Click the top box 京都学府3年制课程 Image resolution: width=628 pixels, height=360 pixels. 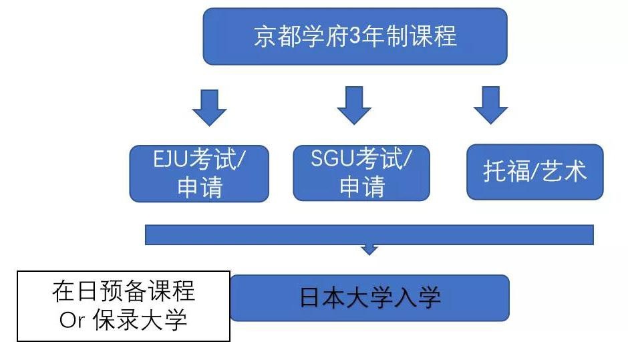(x=355, y=36)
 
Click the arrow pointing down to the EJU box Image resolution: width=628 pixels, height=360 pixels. (x=209, y=107)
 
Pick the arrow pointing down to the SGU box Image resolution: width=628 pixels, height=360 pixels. (x=353, y=106)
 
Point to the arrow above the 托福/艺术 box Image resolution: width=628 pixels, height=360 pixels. (x=490, y=106)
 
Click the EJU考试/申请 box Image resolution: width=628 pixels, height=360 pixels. (x=199, y=173)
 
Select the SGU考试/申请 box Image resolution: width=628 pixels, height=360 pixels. (x=361, y=173)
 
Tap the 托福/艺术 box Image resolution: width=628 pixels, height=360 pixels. (x=534, y=172)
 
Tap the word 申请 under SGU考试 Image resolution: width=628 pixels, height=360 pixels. (x=361, y=188)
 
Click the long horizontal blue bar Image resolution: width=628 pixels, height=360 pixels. (x=369, y=234)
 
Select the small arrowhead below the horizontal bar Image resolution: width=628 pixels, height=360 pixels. (x=369, y=250)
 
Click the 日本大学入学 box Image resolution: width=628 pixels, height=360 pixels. (x=369, y=298)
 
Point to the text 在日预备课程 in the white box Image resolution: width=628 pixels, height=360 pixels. (x=124, y=292)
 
